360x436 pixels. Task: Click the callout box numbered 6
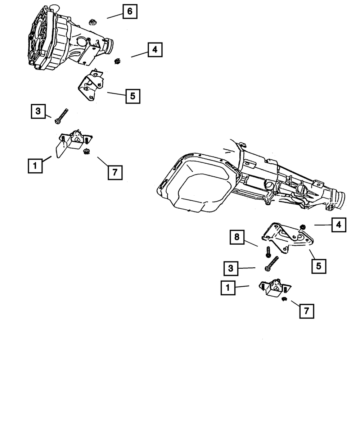click(x=130, y=12)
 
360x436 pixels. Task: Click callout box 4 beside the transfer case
click(x=155, y=50)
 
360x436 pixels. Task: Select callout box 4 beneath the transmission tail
click(x=339, y=225)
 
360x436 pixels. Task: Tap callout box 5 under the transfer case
click(x=132, y=96)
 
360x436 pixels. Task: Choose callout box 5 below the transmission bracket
click(x=319, y=267)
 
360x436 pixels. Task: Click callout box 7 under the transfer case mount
click(x=115, y=172)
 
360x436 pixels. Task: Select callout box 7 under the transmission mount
click(x=306, y=311)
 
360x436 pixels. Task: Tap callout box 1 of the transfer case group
click(x=35, y=166)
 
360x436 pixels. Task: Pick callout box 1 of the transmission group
click(x=228, y=288)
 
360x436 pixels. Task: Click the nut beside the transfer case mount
click(x=86, y=152)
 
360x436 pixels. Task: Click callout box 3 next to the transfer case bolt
click(x=38, y=112)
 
